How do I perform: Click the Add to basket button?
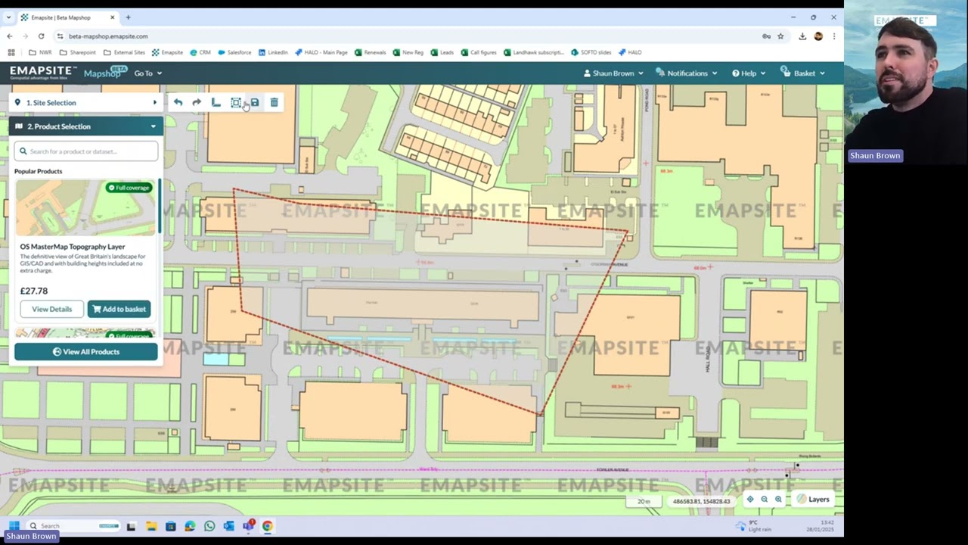tap(119, 309)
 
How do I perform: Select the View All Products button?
tap(85, 352)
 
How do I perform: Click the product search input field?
tap(86, 151)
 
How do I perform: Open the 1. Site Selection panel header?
tap(85, 103)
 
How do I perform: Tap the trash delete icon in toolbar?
tap(274, 103)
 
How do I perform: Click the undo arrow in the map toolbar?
tap(178, 103)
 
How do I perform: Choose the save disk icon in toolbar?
tap(255, 103)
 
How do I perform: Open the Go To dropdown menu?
tap(147, 73)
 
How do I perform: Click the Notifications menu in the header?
tap(687, 73)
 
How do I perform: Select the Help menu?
tap(748, 73)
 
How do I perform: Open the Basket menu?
tap(804, 73)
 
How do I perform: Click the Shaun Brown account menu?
tap(613, 73)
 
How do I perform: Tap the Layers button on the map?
tap(813, 500)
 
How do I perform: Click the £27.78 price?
tap(34, 291)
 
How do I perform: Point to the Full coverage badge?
tap(129, 188)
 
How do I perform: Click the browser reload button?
tap(41, 36)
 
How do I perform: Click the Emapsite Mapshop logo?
tap(64, 73)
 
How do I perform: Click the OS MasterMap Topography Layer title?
tap(73, 247)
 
